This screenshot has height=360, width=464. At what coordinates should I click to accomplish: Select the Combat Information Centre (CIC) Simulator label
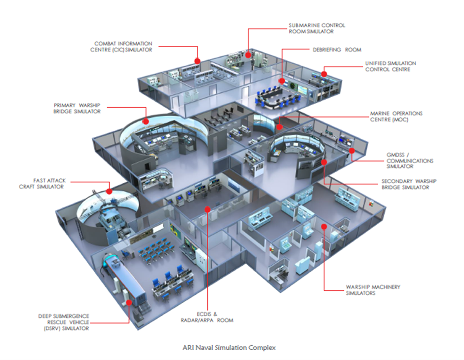pyautogui.click(x=123, y=47)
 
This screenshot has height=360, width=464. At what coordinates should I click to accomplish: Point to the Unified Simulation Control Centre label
pyautogui.click(x=390, y=66)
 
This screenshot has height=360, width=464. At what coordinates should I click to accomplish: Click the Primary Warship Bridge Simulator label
pyautogui.click(x=77, y=108)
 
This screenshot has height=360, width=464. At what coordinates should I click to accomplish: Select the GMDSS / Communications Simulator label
pyautogui.click(x=410, y=161)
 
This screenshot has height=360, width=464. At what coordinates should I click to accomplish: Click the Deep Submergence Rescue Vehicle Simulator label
pyautogui.click(x=64, y=322)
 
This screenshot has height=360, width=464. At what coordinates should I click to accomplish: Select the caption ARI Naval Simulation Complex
pyautogui.click(x=230, y=348)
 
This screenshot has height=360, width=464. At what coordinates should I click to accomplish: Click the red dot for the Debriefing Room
pyautogui.click(x=281, y=81)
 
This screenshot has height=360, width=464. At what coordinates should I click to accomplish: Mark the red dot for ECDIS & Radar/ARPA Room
pyautogui.click(x=208, y=209)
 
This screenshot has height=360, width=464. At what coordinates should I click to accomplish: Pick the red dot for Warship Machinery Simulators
pyautogui.click(x=323, y=227)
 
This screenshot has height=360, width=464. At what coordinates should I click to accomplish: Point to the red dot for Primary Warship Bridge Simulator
pyautogui.click(x=146, y=121)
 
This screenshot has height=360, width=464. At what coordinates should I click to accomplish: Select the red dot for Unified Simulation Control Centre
pyautogui.click(x=324, y=74)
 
